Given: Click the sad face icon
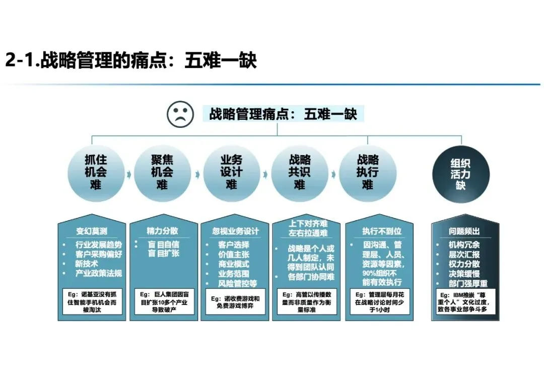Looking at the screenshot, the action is point(180,114).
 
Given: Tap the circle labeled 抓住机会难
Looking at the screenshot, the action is point(96,173).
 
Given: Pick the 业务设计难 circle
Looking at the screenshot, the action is point(231,173).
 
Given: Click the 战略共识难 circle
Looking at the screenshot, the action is point(300,173).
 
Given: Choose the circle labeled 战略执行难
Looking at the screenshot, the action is point(368,173).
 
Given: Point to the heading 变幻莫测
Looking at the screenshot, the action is point(91,232).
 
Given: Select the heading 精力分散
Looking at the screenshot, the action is point(162,232).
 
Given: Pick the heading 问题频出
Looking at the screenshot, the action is point(464,232).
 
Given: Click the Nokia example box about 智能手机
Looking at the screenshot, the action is point(91,301).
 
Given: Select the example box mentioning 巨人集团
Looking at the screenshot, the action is point(162,301).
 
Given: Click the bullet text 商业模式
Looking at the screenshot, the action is point(233,264).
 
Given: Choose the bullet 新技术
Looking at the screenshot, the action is point(87,264).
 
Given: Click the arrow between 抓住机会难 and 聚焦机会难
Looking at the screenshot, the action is point(129,174).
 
